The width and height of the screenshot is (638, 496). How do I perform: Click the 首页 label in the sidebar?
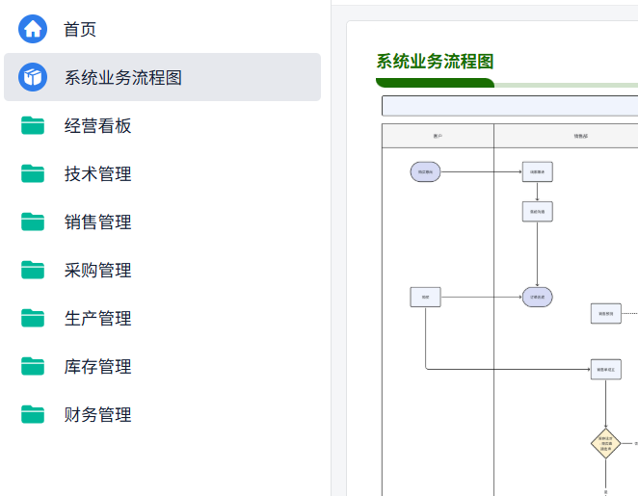(x=80, y=30)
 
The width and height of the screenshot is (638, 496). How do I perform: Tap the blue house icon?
(x=33, y=29)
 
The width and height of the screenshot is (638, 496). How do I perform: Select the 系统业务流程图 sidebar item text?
(x=123, y=78)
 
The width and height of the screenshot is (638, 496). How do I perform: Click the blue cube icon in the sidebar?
(x=33, y=77)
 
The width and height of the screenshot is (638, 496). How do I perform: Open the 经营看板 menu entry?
(x=97, y=126)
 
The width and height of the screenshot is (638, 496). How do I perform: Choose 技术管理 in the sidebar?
(x=97, y=174)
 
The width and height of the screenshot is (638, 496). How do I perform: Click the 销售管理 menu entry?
(x=97, y=222)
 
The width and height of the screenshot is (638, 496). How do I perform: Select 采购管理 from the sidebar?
(x=97, y=271)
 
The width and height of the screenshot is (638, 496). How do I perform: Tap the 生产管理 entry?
(x=97, y=319)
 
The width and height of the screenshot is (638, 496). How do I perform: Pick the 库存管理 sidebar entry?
(x=97, y=367)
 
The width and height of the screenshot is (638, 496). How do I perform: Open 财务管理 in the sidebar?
(x=97, y=415)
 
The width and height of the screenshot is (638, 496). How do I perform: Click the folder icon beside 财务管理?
(x=33, y=414)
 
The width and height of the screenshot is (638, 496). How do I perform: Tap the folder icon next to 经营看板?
(x=33, y=125)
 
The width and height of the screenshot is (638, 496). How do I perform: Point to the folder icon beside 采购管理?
(x=33, y=270)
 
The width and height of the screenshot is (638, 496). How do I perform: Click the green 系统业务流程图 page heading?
(x=435, y=62)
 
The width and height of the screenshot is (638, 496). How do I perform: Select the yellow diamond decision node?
(x=605, y=444)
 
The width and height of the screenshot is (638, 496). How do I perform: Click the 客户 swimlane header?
(x=438, y=136)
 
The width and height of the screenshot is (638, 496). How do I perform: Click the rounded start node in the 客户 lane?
(x=425, y=172)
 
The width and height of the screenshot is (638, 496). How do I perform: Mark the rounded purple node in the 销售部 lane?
(x=537, y=298)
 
